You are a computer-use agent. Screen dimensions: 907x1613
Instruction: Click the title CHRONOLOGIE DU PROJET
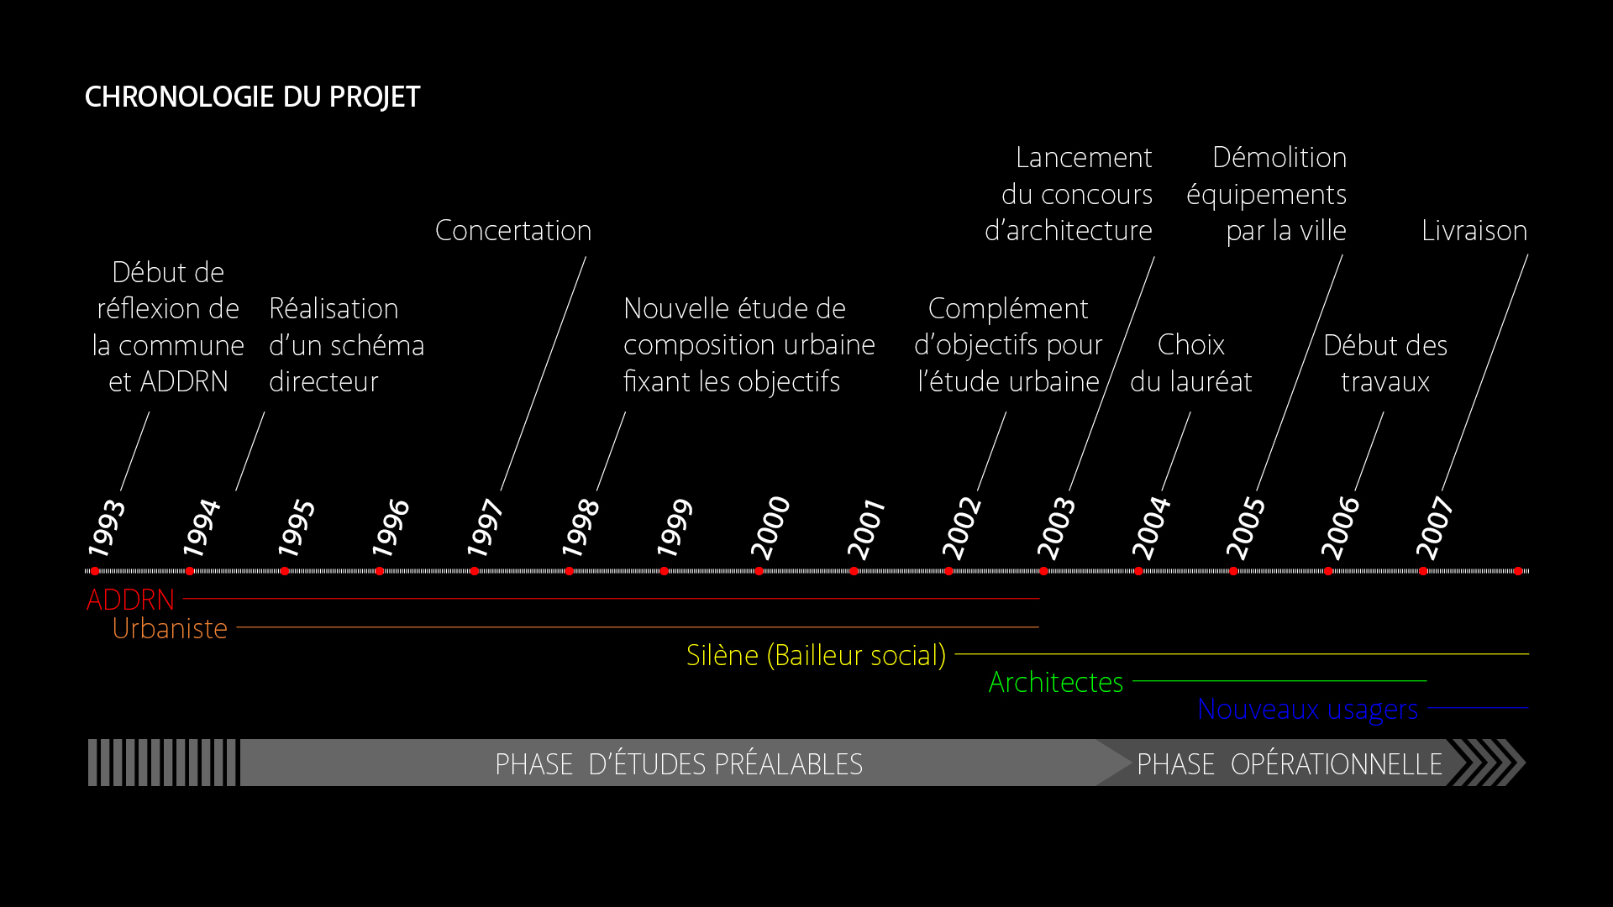point(252,97)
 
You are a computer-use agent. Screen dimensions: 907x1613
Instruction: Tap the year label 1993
point(107,527)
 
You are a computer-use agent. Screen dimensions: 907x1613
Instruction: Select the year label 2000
point(770,527)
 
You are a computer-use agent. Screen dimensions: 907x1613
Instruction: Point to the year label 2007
point(1435,527)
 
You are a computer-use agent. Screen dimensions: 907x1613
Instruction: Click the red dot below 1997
point(475,571)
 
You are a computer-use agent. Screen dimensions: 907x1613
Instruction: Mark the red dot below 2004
point(1138,571)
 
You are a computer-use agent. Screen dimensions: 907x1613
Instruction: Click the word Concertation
point(513,231)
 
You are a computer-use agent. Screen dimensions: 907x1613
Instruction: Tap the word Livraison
point(1474,231)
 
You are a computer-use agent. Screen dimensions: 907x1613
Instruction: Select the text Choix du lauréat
point(1190,363)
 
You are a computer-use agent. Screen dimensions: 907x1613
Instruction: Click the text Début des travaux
point(1385,363)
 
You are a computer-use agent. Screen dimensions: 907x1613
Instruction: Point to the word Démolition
point(1279,158)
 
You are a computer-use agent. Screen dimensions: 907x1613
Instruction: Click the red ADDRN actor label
point(130,600)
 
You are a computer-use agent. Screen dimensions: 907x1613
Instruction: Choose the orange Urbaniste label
point(170,628)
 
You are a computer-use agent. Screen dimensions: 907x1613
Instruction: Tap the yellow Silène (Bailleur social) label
point(816,655)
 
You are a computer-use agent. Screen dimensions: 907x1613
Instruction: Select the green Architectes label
point(1056,682)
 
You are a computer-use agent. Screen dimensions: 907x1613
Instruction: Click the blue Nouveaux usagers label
point(1307,710)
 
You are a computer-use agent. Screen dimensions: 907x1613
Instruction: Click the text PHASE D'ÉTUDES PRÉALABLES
point(679,764)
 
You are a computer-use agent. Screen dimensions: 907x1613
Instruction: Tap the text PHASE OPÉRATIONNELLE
point(1290,764)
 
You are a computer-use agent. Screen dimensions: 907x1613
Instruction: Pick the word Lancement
point(1084,158)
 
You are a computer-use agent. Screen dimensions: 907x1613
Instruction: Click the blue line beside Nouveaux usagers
point(1478,708)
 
